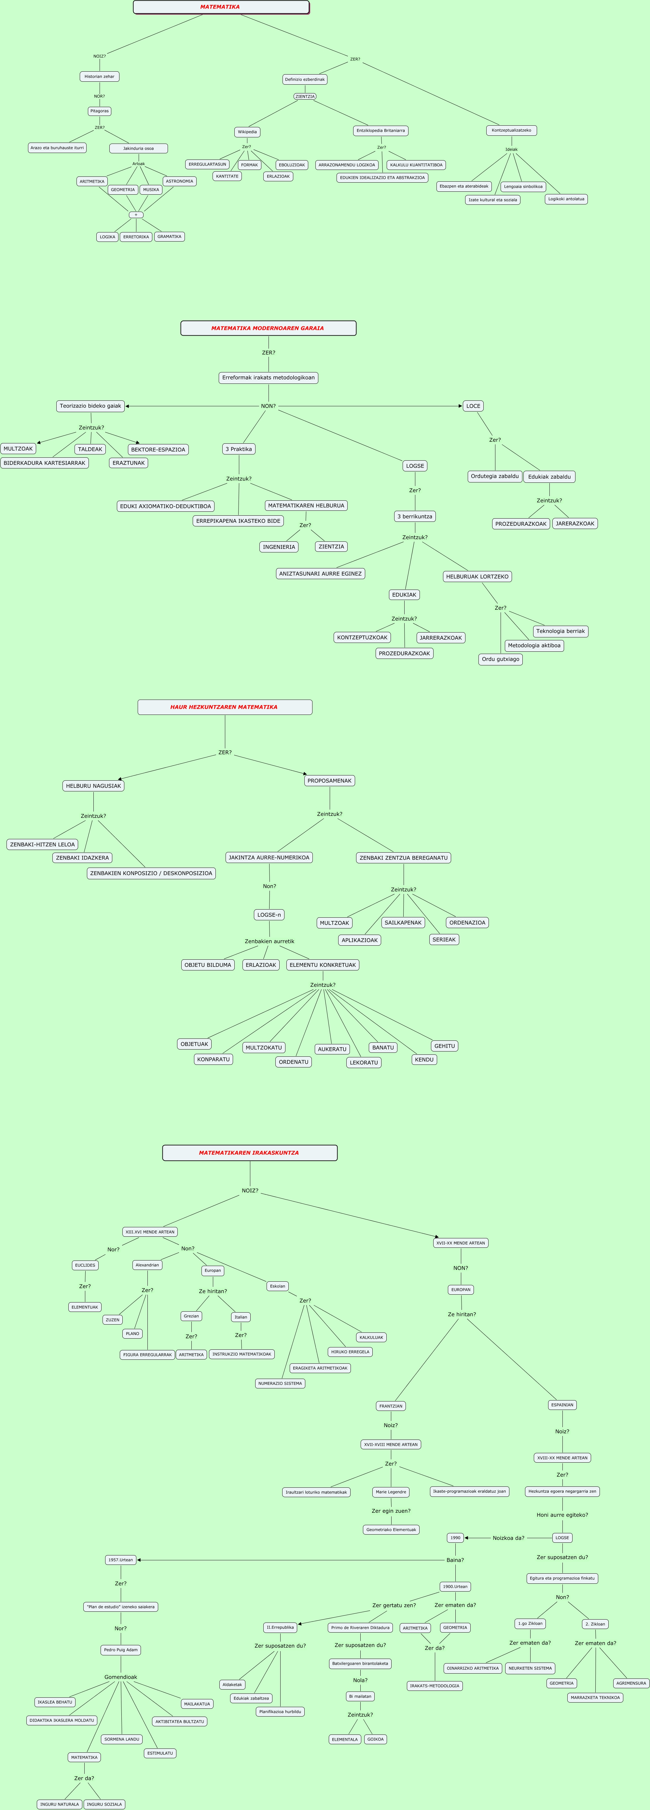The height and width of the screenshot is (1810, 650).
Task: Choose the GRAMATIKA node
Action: coord(169,237)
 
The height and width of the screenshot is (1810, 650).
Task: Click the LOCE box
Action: coord(473,406)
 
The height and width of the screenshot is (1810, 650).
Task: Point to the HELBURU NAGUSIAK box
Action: coord(93,786)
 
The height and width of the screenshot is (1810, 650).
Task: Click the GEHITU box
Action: coord(444,1046)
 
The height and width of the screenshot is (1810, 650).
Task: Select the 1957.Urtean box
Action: coord(121,1560)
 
